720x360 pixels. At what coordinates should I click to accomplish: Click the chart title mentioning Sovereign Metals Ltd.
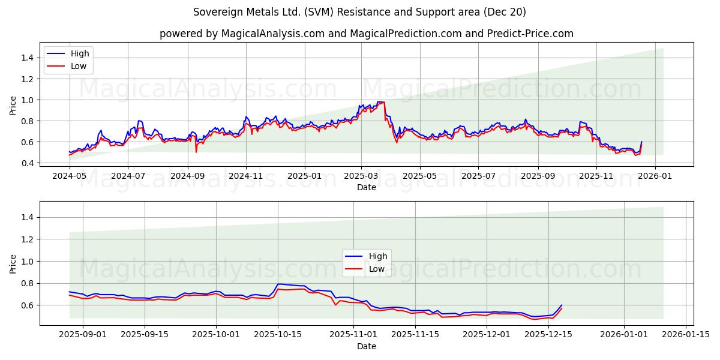coord(360,12)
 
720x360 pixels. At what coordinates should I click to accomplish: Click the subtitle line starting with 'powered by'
coord(366,34)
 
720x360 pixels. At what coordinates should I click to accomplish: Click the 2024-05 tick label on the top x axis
coord(70,176)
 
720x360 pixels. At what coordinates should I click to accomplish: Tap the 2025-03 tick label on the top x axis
coord(361,176)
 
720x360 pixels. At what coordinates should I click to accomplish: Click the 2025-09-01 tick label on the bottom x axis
coord(82,334)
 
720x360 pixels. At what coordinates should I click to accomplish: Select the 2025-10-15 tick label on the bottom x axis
coord(277,334)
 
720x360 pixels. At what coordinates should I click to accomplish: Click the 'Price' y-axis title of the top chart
coord(13,105)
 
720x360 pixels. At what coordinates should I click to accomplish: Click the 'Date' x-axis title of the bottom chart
coord(367,346)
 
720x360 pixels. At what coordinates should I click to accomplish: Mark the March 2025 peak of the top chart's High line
coord(379,102)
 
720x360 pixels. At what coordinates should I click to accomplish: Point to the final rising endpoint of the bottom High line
coord(562,305)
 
